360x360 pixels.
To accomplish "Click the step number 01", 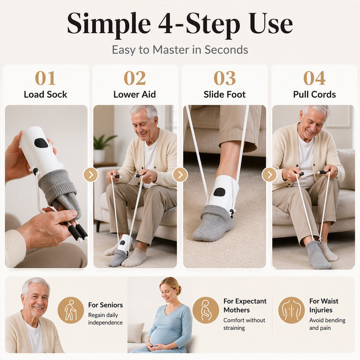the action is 45,78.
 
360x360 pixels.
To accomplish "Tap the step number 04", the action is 314,78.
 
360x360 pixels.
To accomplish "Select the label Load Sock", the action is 45,94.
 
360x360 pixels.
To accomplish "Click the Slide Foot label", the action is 225,94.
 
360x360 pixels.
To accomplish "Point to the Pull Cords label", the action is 314,94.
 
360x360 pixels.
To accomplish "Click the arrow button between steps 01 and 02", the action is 91,175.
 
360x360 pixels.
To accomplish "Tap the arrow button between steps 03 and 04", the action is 269,175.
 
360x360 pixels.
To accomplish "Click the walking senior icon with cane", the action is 71,310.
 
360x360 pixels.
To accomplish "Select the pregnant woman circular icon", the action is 206,310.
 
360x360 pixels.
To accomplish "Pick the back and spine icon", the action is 291,310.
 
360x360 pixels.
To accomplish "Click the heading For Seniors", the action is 105,305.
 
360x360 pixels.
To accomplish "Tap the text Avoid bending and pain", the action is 327,324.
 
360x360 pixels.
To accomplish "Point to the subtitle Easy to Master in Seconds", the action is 180,49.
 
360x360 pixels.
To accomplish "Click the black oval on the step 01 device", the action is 41,143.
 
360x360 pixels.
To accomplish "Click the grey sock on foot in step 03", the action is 212,223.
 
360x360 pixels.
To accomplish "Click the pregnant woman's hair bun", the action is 179,290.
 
